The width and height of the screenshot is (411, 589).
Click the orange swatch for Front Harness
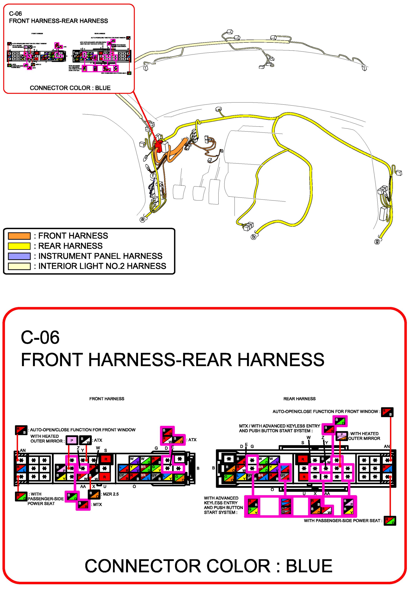(19, 236)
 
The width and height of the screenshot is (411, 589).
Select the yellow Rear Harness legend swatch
(19, 246)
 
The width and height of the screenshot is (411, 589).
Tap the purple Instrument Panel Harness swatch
(19, 256)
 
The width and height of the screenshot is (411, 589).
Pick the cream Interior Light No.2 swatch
(19, 266)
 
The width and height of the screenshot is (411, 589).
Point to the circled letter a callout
(142, 219)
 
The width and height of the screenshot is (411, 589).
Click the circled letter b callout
(253, 237)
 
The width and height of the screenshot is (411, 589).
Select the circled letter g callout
(377, 241)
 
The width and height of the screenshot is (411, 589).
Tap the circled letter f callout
(153, 176)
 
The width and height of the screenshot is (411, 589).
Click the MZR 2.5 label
(111, 494)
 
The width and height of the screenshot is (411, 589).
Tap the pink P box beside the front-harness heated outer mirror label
(72, 440)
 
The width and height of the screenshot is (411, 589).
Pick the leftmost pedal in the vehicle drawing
(179, 192)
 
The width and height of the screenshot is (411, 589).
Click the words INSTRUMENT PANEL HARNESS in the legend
(100, 256)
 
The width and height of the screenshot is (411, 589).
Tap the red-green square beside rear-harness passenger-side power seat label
(390, 521)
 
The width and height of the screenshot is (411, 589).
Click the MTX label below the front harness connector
(98, 505)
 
